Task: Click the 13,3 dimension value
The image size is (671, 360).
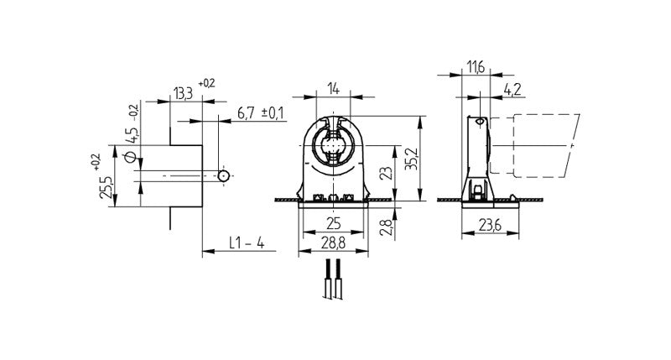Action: pyautogui.click(x=181, y=93)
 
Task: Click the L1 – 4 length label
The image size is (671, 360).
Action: pyautogui.click(x=247, y=243)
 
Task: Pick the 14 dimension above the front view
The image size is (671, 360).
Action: pyautogui.click(x=334, y=87)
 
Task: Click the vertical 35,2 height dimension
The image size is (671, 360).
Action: pyautogui.click(x=410, y=159)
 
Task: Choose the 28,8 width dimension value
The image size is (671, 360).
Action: pyautogui.click(x=334, y=243)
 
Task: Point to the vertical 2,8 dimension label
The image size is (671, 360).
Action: pyautogui.click(x=384, y=227)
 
